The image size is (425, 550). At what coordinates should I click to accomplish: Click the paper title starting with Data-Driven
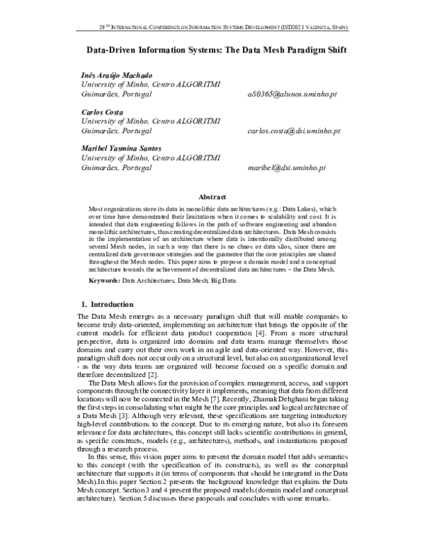click(x=212, y=52)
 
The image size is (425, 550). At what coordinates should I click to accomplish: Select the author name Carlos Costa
click(x=103, y=112)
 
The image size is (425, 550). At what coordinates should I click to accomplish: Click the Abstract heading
click(x=212, y=196)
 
